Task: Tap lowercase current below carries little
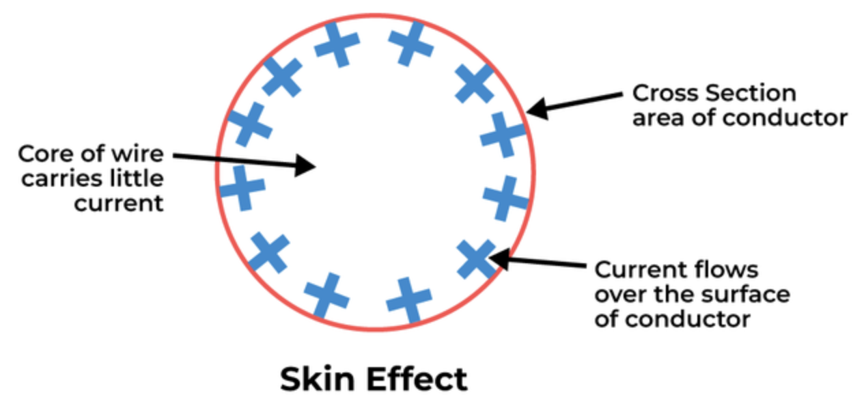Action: [x=120, y=203]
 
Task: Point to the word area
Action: [x=656, y=118]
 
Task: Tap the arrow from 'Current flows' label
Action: [x=540, y=262]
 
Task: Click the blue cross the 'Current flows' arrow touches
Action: [x=477, y=258]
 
